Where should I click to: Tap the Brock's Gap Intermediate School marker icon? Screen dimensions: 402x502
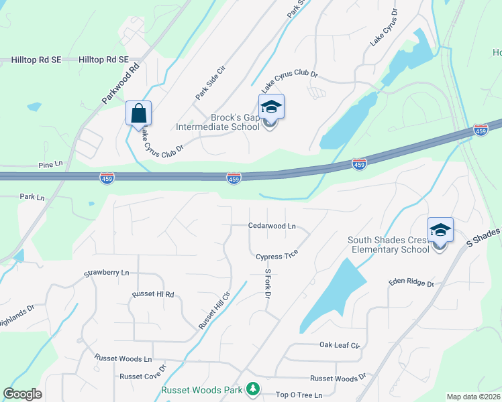click(x=271, y=107)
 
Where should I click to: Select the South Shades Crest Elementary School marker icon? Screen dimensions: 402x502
click(x=440, y=230)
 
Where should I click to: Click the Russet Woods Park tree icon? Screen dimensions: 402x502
click(x=252, y=389)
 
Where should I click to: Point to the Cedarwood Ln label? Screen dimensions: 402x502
click(x=272, y=226)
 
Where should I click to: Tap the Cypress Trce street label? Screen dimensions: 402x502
click(x=277, y=256)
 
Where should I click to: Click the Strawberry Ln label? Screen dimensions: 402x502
click(x=106, y=273)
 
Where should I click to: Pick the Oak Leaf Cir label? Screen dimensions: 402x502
click(x=340, y=346)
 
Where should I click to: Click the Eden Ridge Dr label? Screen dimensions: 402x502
click(x=411, y=283)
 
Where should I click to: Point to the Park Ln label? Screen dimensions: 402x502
click(x=32, y=198)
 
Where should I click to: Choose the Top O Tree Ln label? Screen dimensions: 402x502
click(x=299, y=395)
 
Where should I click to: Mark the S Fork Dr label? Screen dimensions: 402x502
click(x=267, y=284)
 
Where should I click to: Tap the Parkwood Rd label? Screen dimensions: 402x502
click(x=121, y=82)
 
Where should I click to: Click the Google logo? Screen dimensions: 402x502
click(x=22, y=393)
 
